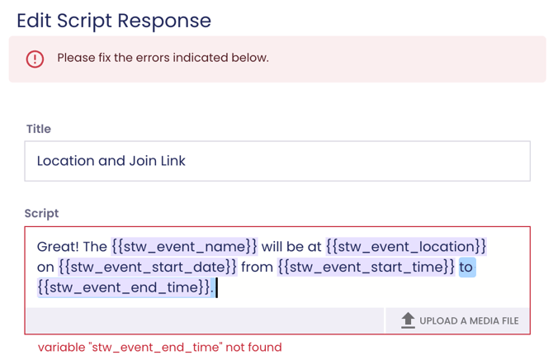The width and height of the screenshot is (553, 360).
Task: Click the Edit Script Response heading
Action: tap(114, 21)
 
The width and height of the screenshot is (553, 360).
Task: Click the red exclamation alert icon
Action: tap(35, 59)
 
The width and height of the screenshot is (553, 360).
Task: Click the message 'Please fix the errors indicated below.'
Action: tap(163, 58)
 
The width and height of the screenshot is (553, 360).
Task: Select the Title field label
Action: tap(39, 129)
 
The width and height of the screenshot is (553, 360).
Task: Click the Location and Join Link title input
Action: tap(277, 161)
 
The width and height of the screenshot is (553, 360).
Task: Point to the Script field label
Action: tap(41, 213)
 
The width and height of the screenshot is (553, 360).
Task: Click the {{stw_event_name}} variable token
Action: tap(184, 246)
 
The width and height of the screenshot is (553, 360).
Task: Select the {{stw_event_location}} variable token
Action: tap(406, 246)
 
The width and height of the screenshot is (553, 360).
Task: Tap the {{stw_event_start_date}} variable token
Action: tap(148, 267)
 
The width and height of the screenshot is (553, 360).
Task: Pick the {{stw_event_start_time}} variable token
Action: tap(366, 267)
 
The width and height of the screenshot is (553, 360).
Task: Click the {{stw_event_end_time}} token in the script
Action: tap(124, 287)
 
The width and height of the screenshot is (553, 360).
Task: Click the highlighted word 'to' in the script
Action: tap(467, 268)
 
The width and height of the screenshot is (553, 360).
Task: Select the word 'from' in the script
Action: tap(257, 267)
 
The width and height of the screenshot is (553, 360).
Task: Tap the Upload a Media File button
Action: tap(457, 320)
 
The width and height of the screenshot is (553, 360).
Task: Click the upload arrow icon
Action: tap(408, 320)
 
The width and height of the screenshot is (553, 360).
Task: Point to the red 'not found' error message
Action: tap(160, 348)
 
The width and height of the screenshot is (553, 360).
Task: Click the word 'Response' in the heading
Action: tap(164, 21)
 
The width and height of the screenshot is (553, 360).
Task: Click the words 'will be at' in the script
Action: tap(291, 246)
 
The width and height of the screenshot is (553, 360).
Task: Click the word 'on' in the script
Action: tap(45, 268)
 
